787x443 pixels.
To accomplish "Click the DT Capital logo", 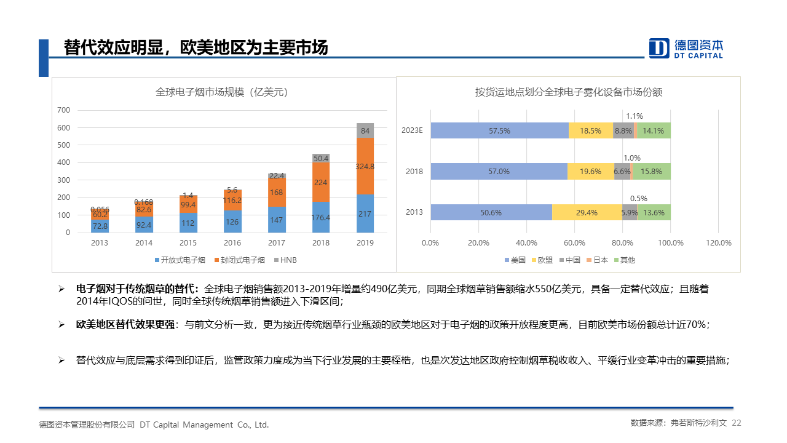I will point(686,48).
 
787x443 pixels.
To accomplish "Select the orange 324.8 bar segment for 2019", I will point(365,166).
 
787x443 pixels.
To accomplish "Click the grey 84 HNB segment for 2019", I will point(365,130).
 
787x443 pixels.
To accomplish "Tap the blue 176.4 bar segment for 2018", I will point(321,217).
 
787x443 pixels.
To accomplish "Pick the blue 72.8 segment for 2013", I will point(100,226).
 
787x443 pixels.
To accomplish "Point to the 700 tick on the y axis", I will point(64,110).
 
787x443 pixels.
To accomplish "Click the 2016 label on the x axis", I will point(232,243).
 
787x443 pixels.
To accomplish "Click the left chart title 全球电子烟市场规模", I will point(222,92).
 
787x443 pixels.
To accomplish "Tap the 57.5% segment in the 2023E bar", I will point(499,130).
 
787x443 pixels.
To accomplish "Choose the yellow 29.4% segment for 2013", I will point(586,212).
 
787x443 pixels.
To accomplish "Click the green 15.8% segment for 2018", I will point(652,172).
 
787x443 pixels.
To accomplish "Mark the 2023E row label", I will point(413,130).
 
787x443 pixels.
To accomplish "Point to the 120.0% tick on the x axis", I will point(719,243).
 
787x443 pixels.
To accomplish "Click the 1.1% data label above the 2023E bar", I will point(635,116).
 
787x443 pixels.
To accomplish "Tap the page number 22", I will point(737,423).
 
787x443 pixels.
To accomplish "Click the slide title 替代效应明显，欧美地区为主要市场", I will point(196,48).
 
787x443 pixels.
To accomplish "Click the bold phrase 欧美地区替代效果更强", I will point(125,324).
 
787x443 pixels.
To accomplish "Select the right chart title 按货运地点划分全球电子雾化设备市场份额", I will point(569,92).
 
